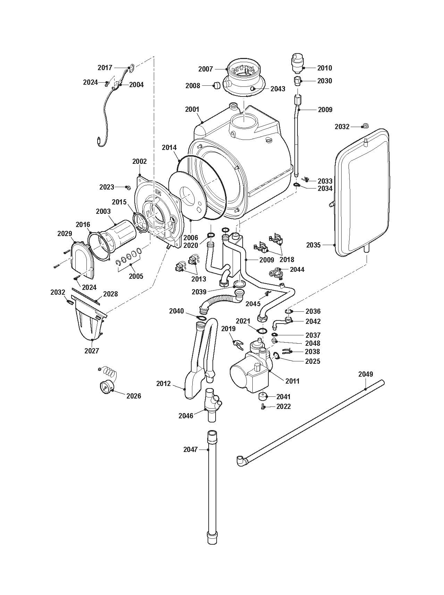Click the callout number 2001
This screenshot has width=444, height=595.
click(x=192, y=109)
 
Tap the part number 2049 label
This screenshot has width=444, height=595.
click(x=366, y=374)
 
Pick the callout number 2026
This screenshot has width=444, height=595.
click(x=134, y=396)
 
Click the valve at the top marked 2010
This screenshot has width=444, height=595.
click(x=296, y=63)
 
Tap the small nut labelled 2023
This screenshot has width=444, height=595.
click(x=128, y=187)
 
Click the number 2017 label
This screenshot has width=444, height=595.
click(x=104, y=67)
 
